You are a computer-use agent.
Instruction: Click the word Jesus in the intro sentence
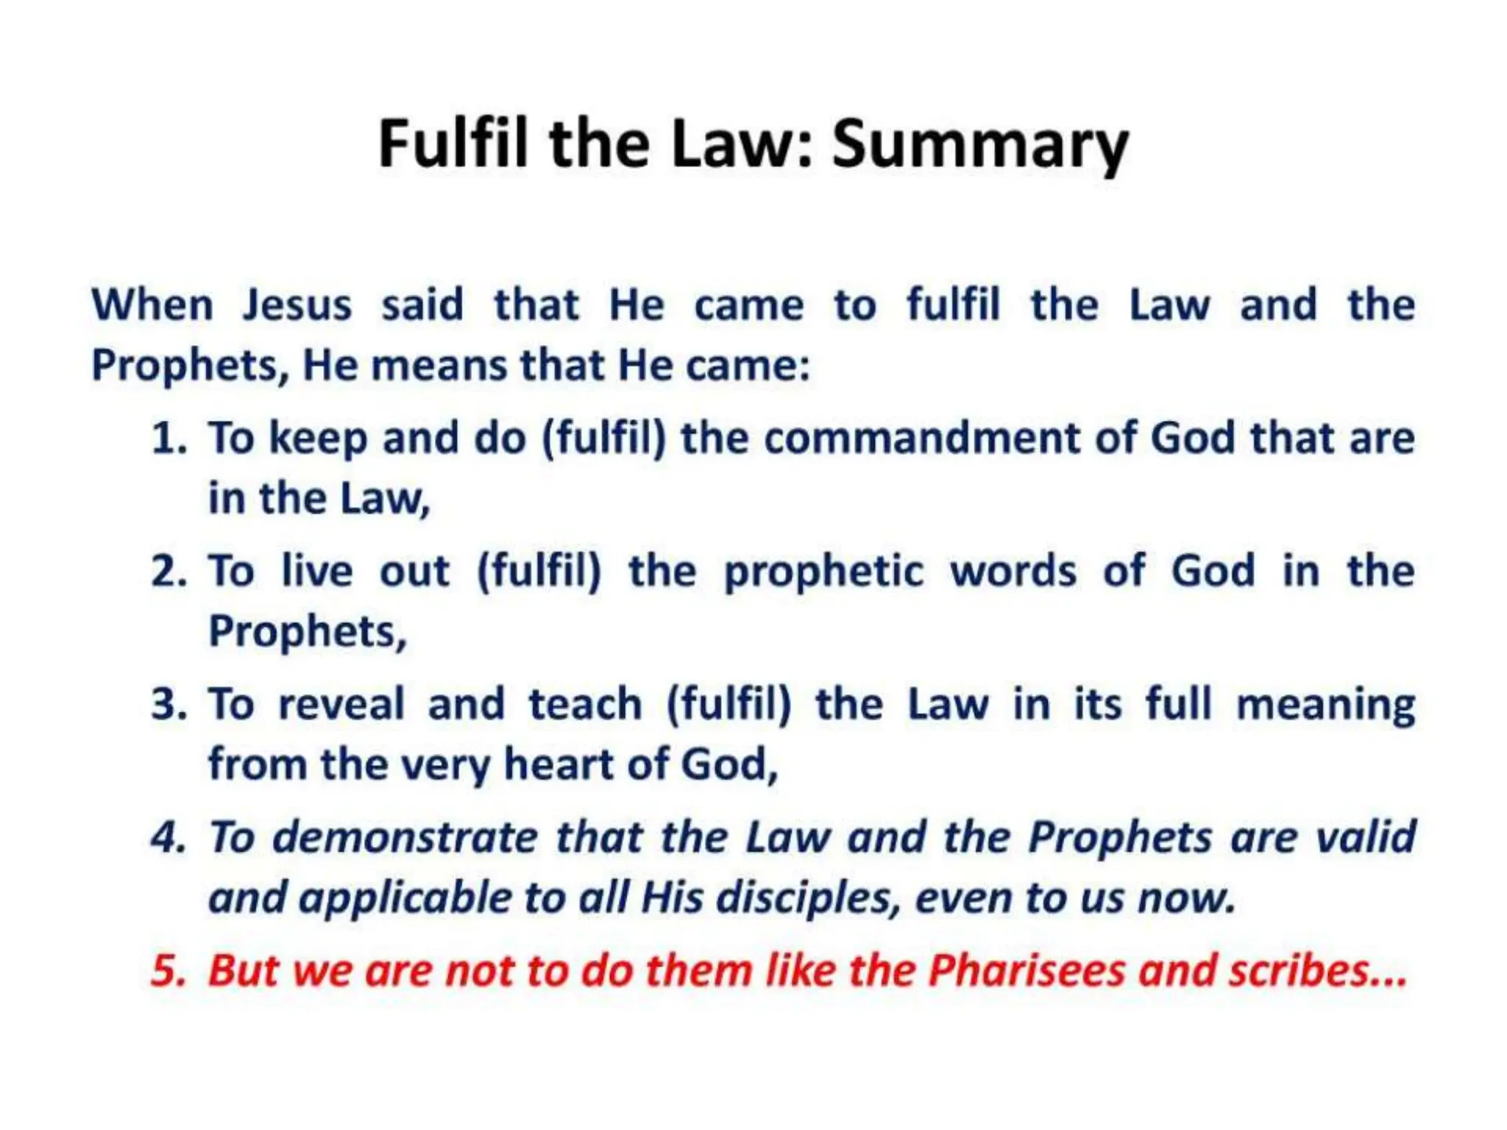297,305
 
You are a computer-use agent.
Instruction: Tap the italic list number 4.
169,837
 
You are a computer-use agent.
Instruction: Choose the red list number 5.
169,970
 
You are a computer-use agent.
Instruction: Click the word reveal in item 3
341,704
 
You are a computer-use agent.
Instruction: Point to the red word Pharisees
1026,970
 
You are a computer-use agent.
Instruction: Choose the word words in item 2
1013,572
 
